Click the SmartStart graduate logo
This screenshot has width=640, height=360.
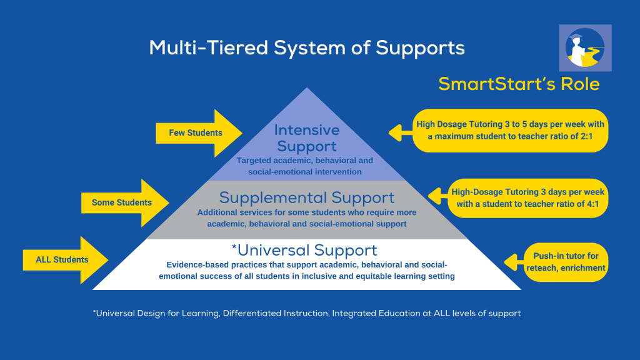585,47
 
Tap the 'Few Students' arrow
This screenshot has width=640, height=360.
199,133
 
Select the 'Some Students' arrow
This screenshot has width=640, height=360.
125,203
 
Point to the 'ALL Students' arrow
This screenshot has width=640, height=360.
65,260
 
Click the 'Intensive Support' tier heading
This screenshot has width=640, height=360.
307,138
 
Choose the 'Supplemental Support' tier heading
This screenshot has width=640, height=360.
307,198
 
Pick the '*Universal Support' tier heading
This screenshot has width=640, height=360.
304,250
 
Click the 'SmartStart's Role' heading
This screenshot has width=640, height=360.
519,84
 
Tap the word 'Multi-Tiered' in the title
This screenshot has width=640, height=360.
209,47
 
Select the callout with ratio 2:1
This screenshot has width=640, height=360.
510,131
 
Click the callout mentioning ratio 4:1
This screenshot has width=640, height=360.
527,198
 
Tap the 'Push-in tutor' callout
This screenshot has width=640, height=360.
566,262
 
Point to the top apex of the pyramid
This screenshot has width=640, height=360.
307,87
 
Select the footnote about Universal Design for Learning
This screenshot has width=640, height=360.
307,314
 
